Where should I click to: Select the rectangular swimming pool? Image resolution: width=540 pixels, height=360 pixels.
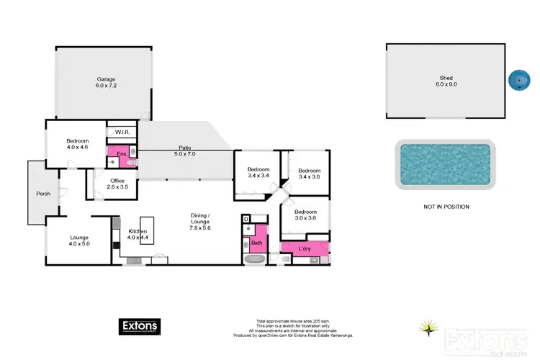pyautogui.click(x=445, y=164)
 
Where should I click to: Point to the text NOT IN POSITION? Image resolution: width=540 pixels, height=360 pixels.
pyautogui.click(x=446, y=207)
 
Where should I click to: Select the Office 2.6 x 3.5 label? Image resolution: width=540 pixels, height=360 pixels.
pyautogui.click(x=117, y=184)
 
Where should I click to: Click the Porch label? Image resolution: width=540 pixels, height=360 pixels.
pyautogui.click(x=43, y=194)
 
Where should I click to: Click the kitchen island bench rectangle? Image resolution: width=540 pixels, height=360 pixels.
pyautogui.click(x=147, y=230)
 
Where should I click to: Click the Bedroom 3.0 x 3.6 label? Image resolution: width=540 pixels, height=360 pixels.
pyautogui.click(x=304, y=215)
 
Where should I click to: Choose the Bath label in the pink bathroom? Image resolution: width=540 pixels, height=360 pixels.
pyautogui.click(x=256, y=243)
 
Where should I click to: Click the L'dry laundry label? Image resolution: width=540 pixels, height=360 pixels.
pyautogui.click(x=305, y=249)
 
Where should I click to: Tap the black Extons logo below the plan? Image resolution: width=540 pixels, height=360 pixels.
pyautogui.click(x=140, y=327)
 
